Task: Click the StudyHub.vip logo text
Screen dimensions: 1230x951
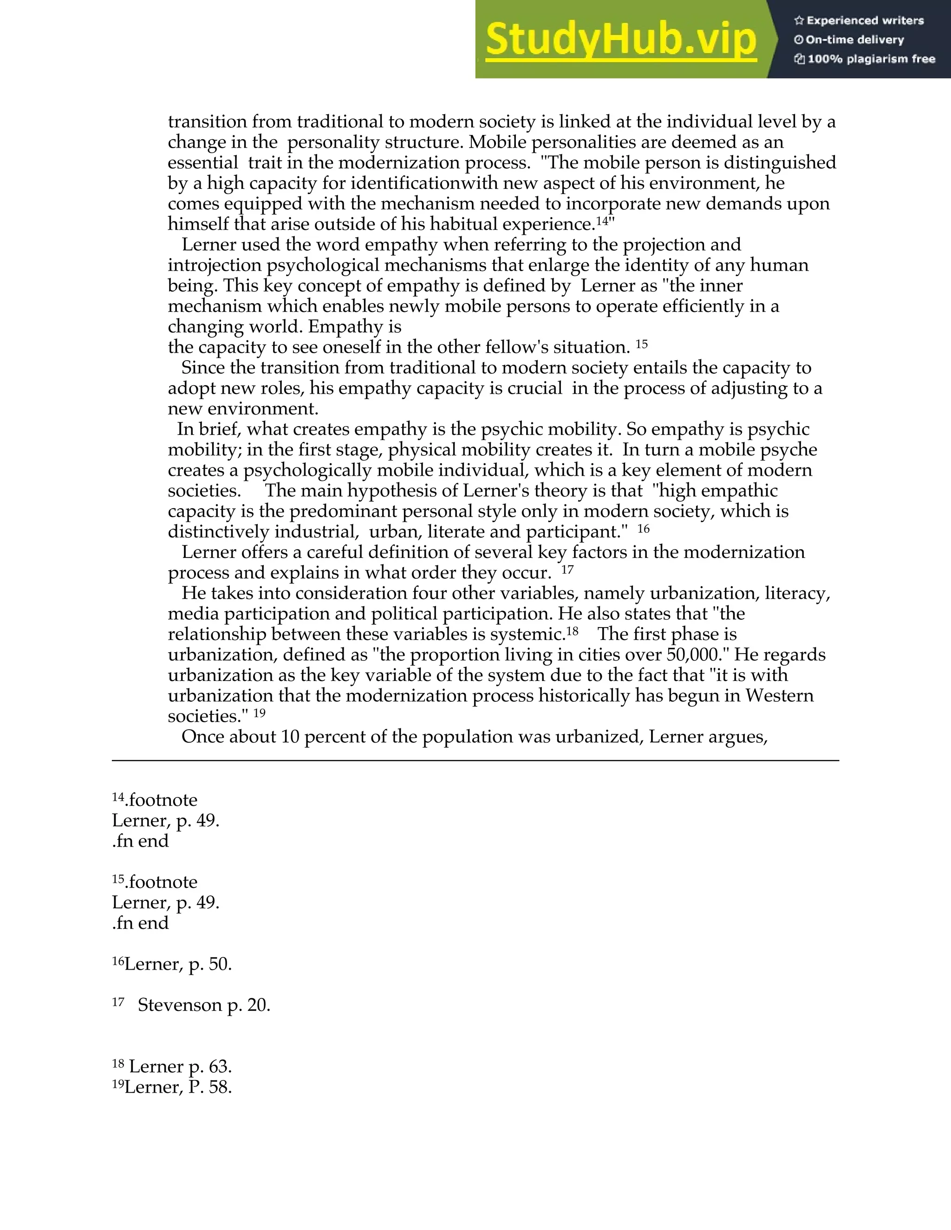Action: pos(620,40)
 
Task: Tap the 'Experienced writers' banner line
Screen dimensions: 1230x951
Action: pos(859,21)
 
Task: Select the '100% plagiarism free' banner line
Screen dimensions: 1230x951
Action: pos(865,59)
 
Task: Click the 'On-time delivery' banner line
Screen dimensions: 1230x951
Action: pos(849,40)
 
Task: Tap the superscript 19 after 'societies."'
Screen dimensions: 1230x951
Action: pos(259,713)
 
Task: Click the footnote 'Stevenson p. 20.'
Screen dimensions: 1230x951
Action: pos(204,1005)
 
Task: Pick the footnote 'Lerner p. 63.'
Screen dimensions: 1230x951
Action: pos(180,1067)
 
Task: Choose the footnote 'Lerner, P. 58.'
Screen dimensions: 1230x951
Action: pos(178,1087)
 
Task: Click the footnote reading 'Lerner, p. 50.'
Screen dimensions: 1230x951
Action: pos(178,964)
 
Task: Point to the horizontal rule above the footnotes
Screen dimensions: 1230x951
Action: pos(475,761)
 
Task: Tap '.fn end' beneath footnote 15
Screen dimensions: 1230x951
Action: pos(140,923)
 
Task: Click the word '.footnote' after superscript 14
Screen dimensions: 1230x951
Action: pos(161,800)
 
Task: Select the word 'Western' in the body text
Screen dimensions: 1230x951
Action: pos(780,696)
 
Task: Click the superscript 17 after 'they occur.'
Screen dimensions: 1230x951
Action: pos(567,570)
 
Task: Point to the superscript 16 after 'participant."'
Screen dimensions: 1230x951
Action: pos(644,528)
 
